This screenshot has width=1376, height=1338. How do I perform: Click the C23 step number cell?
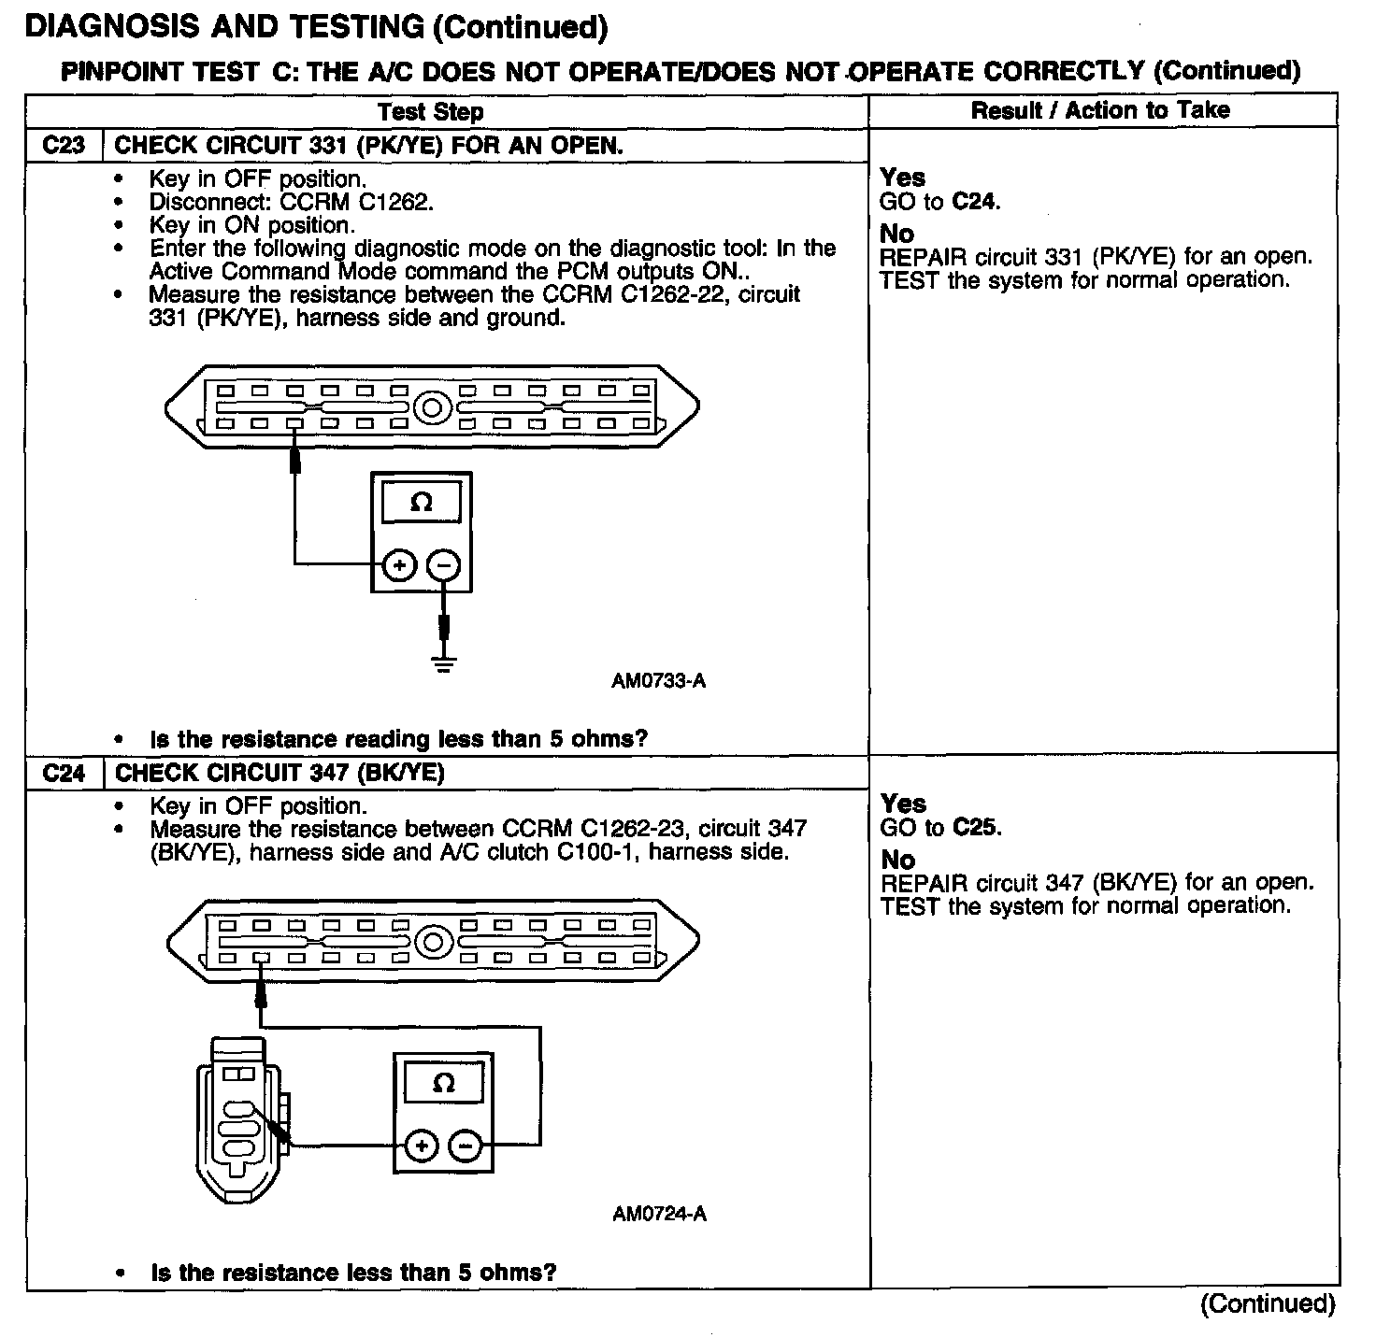click(64, 146)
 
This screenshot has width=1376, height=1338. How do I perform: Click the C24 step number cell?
click(64, 773)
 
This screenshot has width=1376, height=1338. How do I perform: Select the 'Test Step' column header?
click(430, 112)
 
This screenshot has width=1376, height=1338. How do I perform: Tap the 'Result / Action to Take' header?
click(1100, 110)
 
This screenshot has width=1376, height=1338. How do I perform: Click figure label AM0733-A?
click(658, 681)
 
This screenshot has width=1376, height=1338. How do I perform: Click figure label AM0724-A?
click(659, 1214)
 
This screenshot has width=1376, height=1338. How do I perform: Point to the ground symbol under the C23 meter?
click(444, 664)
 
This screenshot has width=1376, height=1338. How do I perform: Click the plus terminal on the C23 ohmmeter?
click(399, 565)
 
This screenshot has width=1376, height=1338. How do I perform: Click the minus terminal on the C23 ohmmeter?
click(443, 565)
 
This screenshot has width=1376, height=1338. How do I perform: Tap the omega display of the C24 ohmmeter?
click(444, 1084)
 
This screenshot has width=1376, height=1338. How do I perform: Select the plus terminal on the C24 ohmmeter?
click(422, 1146)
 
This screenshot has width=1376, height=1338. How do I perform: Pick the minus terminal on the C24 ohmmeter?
click(466, 1146)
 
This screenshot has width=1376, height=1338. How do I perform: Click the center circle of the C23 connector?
click(432, 408)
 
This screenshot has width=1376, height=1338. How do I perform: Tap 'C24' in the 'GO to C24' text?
click(975, 201)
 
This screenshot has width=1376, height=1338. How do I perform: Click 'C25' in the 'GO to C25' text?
click(976, 827)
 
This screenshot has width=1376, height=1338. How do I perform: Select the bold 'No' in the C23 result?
click(896, 234)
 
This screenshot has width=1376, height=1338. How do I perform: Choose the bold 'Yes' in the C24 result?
click(903, 804)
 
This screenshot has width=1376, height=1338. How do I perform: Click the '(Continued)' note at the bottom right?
click(1267, 1303)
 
